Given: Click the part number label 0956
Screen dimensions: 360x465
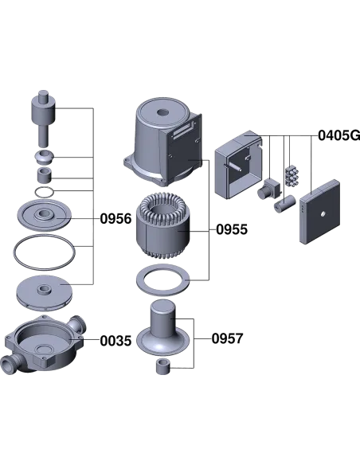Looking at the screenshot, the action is click(115, 219).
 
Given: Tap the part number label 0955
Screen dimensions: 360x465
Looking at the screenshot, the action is click(232, 229).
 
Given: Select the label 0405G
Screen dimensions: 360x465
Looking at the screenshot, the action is click(339, 135).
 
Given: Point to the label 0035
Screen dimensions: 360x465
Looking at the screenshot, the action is click(115, 341).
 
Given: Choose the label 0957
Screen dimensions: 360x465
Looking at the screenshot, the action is click(228, 338).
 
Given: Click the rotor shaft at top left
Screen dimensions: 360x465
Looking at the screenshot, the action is click(43, 118).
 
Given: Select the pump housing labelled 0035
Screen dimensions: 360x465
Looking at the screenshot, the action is click(44, 345).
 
